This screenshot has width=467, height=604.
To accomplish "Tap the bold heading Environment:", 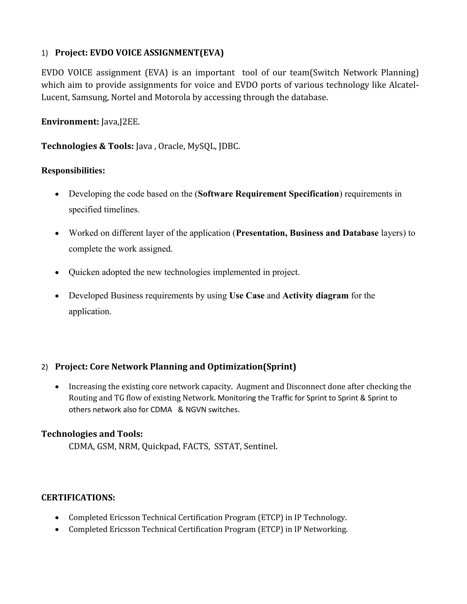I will click(x=70, y=122).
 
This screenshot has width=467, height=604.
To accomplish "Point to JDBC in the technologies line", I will click(x=229, y=146).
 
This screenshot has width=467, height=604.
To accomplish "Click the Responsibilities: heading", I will click(x=73, y=170).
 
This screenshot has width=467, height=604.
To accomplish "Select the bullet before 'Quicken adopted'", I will click(x=57, y=273).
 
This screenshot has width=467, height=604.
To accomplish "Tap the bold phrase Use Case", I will click(x=247, y=296).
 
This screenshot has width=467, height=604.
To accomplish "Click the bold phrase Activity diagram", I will click(x=315, y=296).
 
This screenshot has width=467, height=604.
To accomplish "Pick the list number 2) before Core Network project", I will click(x=44, y=367).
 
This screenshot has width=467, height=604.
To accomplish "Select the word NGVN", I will click(x=196, y=410).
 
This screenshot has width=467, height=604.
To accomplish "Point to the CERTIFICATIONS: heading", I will click(x=78, y=498).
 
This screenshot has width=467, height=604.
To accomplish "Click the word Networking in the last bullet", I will click(x=325, y=529).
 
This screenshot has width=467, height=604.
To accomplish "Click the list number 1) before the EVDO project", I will click(x=44, y=53).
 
